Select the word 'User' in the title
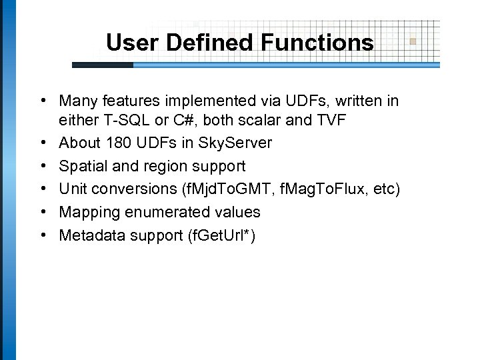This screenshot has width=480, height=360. (x=131, y=43)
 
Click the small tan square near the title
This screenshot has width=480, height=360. (x=413, y=41)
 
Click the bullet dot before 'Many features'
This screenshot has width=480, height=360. (x=42, y=100)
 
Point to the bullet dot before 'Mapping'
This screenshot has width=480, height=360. (x=42, y=211)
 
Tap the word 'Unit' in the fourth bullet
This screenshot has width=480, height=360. (x=71, y=189)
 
